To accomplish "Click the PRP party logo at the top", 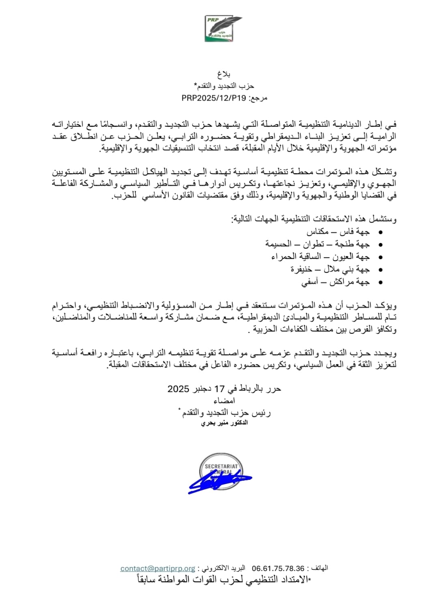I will [223, 28].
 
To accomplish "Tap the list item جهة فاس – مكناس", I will [338, 232].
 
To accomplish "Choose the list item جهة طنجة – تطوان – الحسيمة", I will [318, 244].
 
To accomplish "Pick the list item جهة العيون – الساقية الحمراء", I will [320, 257].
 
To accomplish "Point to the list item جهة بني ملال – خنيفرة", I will [330, 269].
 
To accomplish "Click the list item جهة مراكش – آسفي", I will [335, 282].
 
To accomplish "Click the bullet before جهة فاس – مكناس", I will [380, 232].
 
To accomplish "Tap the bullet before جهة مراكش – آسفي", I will [380, 283].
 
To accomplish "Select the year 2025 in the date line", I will [178, 389].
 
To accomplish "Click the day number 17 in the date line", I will [219, 389].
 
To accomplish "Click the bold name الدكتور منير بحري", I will [224, 423].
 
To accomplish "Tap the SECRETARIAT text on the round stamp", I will [221, 466].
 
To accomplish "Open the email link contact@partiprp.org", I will [158, 569].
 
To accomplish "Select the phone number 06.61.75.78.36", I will [278, 569].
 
